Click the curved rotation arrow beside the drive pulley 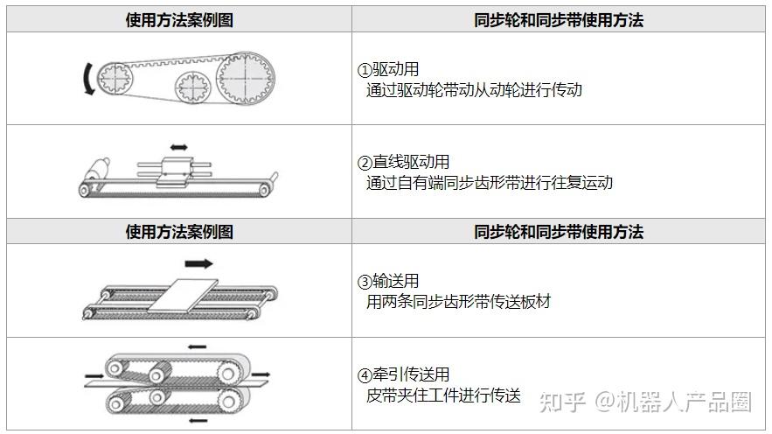tap(87, 79)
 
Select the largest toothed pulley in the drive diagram tap(245, 78)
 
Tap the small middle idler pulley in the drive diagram tap(192, 87)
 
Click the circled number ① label tap(365, 70)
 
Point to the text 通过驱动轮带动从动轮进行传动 tap(474, 90)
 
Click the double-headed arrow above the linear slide tap(178, 147)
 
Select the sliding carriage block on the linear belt tap(175, 171)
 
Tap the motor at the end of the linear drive tap(97, 170)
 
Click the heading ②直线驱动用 tap(404, 162)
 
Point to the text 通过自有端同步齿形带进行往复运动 tap(490, 183)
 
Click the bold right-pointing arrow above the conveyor tap(199, 263)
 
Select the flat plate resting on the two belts tap(183, 296)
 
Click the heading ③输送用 tap(388, 281)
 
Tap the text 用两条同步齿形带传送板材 tap(458, 302)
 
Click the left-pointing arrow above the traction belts tap(197, 346)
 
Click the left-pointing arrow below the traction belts tap(198, 420)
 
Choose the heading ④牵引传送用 tap(404, 374)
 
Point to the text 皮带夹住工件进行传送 tap(443, 395)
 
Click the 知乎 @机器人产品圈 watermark tap(645, 402)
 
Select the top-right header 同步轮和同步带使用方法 tap(559, 20)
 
